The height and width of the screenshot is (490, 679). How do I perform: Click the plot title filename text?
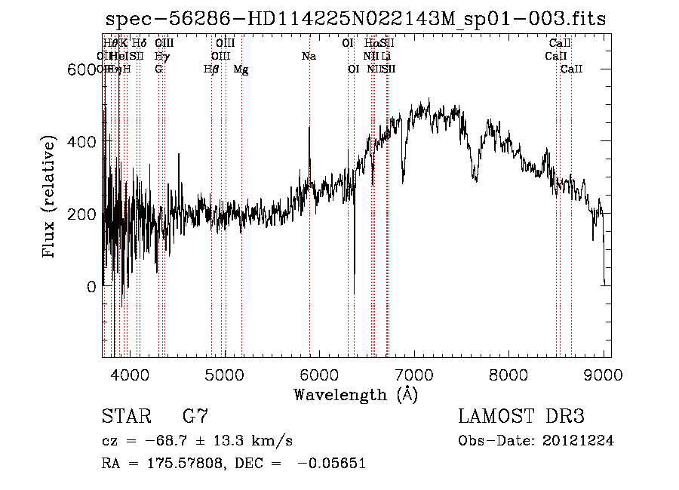(x=355, y=19)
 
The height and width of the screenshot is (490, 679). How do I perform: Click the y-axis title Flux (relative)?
(x=50, y=198)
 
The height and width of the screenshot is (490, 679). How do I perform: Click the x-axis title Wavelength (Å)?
(x=355, y=394)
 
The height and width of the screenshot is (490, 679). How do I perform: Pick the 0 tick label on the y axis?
(x=92, y=287)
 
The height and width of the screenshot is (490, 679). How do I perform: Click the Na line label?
(x=309, y=56)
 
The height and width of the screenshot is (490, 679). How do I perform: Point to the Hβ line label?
(x=211, y=69)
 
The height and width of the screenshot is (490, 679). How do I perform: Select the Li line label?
(x=386, y=56)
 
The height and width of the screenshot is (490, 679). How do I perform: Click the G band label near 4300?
(x=158, y=69)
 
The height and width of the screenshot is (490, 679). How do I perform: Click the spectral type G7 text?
(x=195, y=417)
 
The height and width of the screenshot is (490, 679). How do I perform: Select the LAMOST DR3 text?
(x=521, y=417)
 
